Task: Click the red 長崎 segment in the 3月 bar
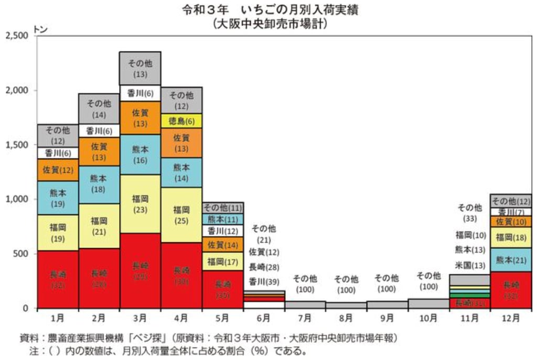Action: point(140,270)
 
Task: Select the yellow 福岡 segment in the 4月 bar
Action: point(181,214)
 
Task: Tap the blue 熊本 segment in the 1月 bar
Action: point(58,198)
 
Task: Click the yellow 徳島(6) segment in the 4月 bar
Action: point(181,121)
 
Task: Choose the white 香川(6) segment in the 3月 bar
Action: point(140,93)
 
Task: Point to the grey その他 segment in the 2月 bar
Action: point(99,108)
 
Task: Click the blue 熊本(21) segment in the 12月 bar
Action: point(511,259)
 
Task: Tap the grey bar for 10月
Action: point(428,303)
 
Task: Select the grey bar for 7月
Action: point(305,304)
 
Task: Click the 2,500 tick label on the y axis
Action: point(18,36)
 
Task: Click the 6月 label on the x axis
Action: point(264,318)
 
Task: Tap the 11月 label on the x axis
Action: point(469,318)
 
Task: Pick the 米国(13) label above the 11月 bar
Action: point(469,265)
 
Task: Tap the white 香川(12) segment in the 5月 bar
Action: point(222,231)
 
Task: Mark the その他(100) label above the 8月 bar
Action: point(346,283)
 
